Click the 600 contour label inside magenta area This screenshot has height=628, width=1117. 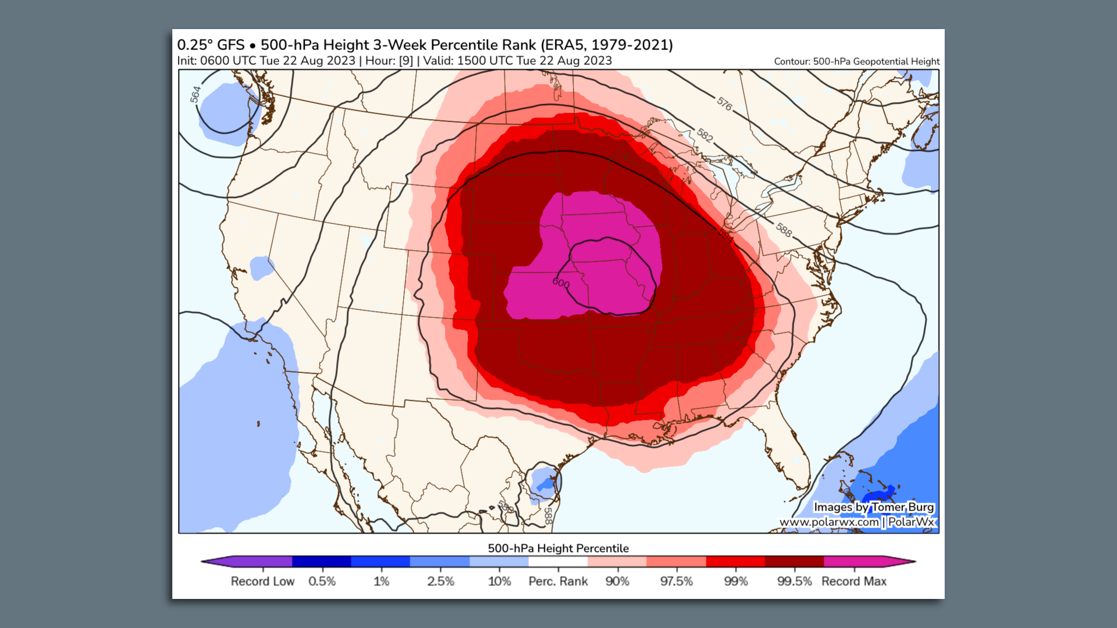(x=561, y=283)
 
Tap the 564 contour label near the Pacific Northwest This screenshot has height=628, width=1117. (x=195, y=94)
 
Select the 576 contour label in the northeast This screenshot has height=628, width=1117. (x=724, y=104)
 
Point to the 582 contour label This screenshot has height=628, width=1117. (x=705, y=135)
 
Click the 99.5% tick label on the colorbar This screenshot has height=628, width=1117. (x=794, y=581)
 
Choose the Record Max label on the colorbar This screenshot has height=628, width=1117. (x=853, y=581)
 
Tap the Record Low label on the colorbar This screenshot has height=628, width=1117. (x=262, y=581)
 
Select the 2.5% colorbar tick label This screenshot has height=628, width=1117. (x=440, y=581)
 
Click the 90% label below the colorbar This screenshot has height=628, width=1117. (x=617, y=581)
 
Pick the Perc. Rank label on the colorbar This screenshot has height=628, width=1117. (x=558, y=581)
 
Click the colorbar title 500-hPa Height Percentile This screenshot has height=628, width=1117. (x=558, y=548)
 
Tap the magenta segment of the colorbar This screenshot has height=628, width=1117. (x=852, y=562)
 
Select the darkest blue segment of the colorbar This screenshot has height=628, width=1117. (x=321, y=562)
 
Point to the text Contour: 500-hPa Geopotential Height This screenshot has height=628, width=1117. (x=856, y=61)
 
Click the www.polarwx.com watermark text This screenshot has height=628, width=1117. (x=828, y=522)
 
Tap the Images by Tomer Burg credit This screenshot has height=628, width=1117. (x=873, y=507)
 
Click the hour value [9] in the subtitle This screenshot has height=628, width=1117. (x=406, y=60)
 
